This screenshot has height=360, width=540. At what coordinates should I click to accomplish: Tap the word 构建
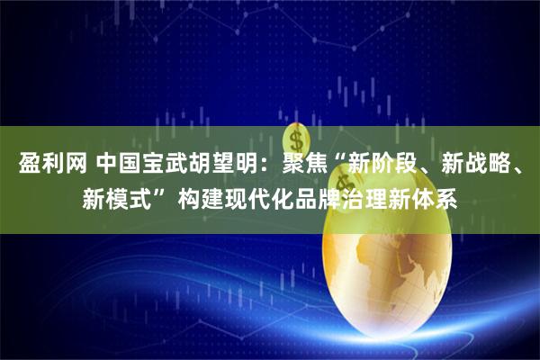coord(199,199)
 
